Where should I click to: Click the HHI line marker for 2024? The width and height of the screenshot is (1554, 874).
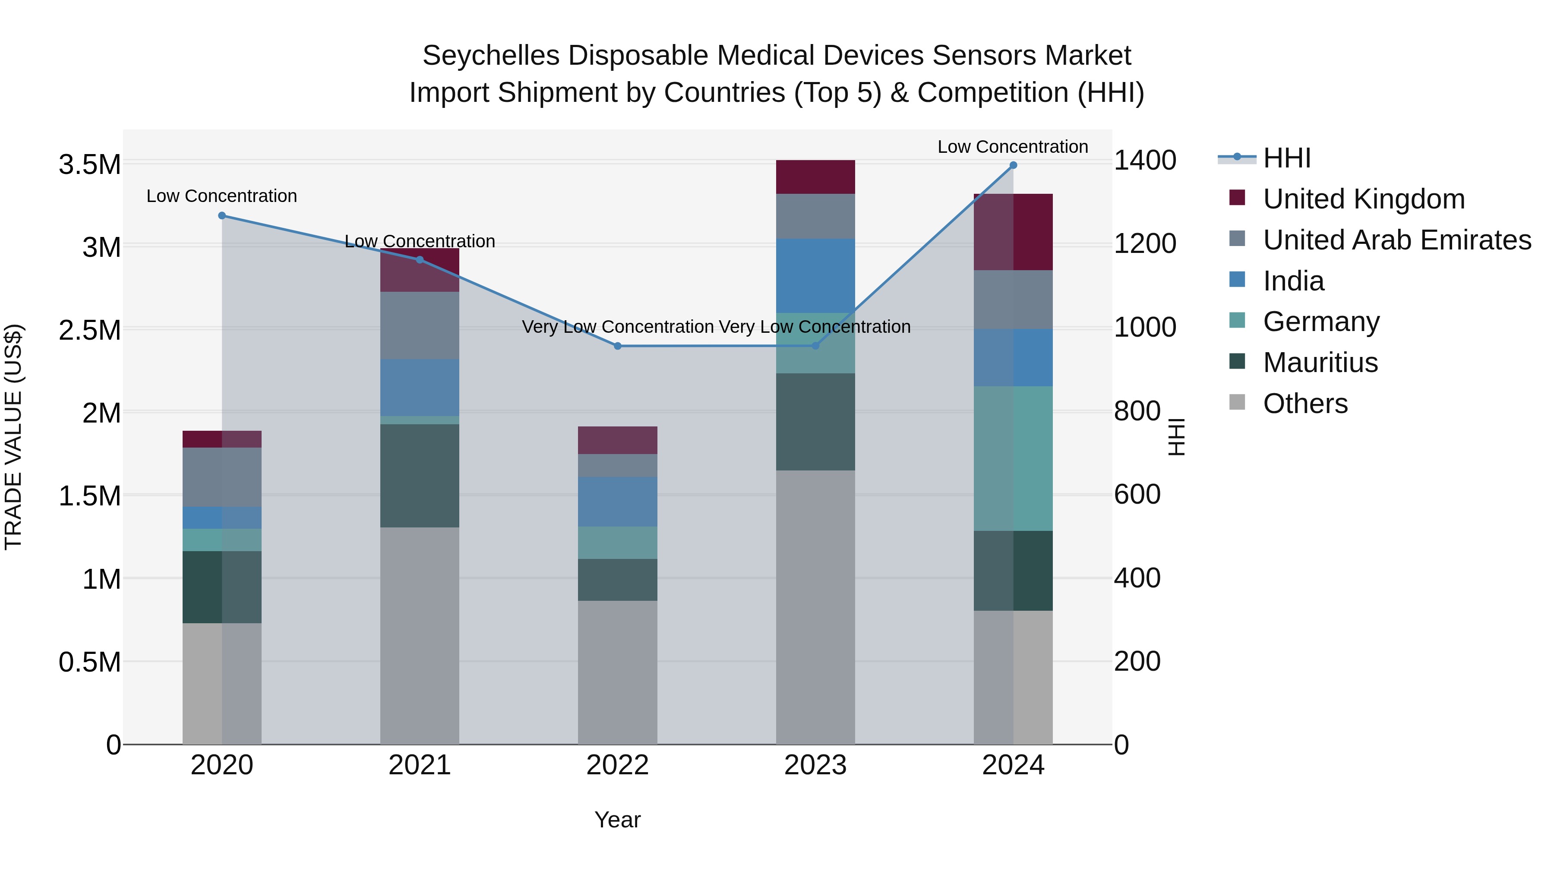pyautogui.click(x=1013, y=165)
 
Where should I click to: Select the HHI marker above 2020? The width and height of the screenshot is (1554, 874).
pyautogui.click(x=222, y=215)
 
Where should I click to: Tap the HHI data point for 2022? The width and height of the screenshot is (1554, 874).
pyautogui.click(x=617, y=346)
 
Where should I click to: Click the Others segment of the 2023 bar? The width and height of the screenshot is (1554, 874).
pyautogui.click(x=815, y=607)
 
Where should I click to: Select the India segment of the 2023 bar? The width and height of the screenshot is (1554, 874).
pyautogui.click(x=815, y=276)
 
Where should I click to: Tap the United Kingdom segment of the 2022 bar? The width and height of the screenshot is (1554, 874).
pyautogui.click(x=617, y=440)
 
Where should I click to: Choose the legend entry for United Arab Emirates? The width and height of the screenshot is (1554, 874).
pyautogui.click(x=1396, y=240)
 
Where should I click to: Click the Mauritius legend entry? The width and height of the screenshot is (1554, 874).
pyautogui.click(x=1320, y=363)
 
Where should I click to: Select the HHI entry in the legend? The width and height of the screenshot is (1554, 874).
pyautogui.click(x=1286, y=158)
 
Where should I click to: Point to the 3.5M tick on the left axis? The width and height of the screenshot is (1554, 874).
pyautogui.click(x=89, y=165)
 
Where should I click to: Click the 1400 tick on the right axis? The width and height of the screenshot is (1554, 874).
pyautogui.click(x=1144, y=161)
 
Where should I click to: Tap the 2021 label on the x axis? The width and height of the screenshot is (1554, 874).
pyautogui.click(x=419, y=765)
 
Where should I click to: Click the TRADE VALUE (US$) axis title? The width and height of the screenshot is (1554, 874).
pyautogui.click(x=13, y=437)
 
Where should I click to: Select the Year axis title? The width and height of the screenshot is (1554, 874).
pyautogui.click(x=617, y=820)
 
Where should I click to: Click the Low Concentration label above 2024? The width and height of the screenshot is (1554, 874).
pyautogui.click(x=1012, y=147)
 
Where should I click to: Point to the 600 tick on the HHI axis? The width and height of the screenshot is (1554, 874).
pyautogui.click(x=1137, y=495)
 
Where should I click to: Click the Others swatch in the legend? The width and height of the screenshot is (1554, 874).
pyautogui.click(x=1237, y=402)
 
